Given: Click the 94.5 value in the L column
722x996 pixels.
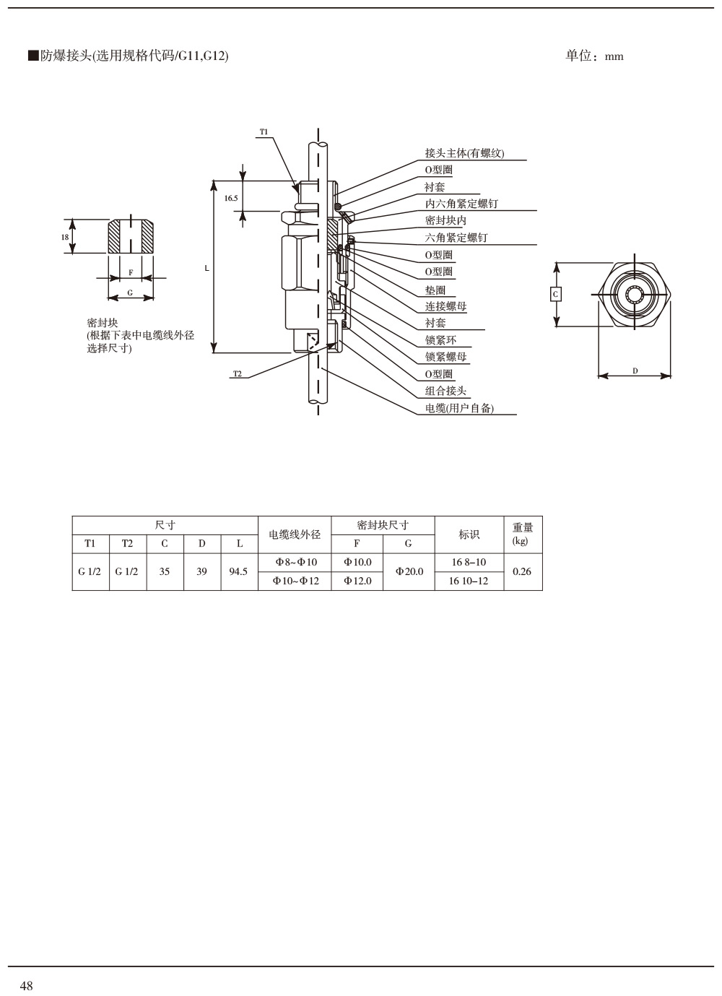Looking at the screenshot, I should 238,571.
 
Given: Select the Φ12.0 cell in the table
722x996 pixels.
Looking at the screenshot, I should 358,581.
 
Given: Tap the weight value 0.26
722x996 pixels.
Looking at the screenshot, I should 522,571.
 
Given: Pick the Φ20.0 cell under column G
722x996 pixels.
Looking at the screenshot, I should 409,571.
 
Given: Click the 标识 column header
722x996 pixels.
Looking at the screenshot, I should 469,534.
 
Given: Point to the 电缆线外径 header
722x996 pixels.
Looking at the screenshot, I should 295,534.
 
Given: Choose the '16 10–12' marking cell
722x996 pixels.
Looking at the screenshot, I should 469,581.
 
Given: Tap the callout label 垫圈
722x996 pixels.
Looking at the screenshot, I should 435,289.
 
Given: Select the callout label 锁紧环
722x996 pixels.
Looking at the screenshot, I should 440,339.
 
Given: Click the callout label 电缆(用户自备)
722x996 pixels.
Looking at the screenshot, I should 459,408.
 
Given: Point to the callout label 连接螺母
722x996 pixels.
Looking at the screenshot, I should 445,306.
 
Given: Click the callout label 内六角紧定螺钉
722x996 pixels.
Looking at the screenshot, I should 461,204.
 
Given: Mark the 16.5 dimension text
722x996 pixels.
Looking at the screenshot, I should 231,197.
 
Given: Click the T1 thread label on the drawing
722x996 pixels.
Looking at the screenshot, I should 264,131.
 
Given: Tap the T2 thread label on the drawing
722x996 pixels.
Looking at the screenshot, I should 238,373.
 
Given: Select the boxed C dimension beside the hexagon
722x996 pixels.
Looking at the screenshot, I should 555,294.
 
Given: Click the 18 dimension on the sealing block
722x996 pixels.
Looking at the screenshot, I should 65,237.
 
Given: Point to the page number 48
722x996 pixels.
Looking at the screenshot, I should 27,986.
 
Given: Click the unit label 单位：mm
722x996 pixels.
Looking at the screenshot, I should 594,56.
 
